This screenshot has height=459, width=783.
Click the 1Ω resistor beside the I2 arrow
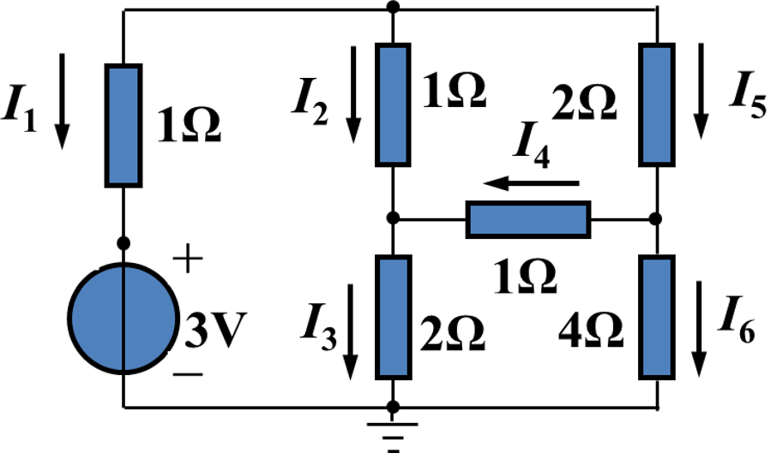393,104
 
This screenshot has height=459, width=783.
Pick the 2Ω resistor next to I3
393,317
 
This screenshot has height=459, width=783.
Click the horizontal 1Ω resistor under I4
528,219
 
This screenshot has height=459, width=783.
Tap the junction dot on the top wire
393,9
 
